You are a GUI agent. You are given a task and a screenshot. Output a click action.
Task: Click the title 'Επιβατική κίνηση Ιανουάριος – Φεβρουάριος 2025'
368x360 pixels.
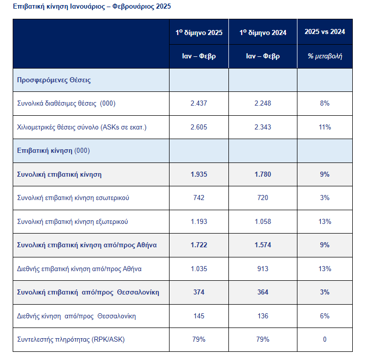coord(92,6)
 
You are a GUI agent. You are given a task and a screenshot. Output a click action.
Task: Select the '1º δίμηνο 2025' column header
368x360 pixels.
coord(199,32)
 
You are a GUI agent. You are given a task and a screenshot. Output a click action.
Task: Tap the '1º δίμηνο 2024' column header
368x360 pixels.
coord(263,32)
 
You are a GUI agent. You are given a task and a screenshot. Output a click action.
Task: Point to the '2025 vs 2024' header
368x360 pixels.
coord(325,31)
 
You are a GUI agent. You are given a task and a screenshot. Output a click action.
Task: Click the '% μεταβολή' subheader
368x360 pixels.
coord(325,56)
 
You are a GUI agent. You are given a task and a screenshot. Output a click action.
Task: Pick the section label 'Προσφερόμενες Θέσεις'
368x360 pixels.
coord(54,80)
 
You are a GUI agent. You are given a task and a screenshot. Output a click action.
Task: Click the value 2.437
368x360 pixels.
coord(199,103)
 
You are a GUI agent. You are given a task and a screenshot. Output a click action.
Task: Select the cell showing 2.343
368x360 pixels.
coord(263,127)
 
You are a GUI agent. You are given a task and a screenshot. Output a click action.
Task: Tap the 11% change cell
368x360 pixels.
coord(325,127)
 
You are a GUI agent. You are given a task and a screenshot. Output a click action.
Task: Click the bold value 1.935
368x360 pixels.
coord(199,175)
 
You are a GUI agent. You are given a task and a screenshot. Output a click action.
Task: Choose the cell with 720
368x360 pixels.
coord(263,198)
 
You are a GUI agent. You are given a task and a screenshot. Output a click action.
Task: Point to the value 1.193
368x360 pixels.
coord(199,222)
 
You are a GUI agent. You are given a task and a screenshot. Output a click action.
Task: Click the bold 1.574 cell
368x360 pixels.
coord(263,245)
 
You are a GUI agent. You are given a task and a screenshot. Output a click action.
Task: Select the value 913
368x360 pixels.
coord(263,269)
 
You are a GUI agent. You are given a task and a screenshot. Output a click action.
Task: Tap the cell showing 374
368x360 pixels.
coord(199,292)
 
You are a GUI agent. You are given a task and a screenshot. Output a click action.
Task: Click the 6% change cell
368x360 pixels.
coord(325,316)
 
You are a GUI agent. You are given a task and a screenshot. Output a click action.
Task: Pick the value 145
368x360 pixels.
coord(199,316)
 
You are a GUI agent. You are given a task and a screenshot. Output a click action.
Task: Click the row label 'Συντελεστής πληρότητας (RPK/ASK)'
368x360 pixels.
coord(71,340)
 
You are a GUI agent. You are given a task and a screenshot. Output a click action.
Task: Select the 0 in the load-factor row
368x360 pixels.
coord(325,340)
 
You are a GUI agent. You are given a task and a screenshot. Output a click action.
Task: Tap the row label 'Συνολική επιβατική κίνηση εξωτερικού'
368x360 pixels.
coord(73,222)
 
